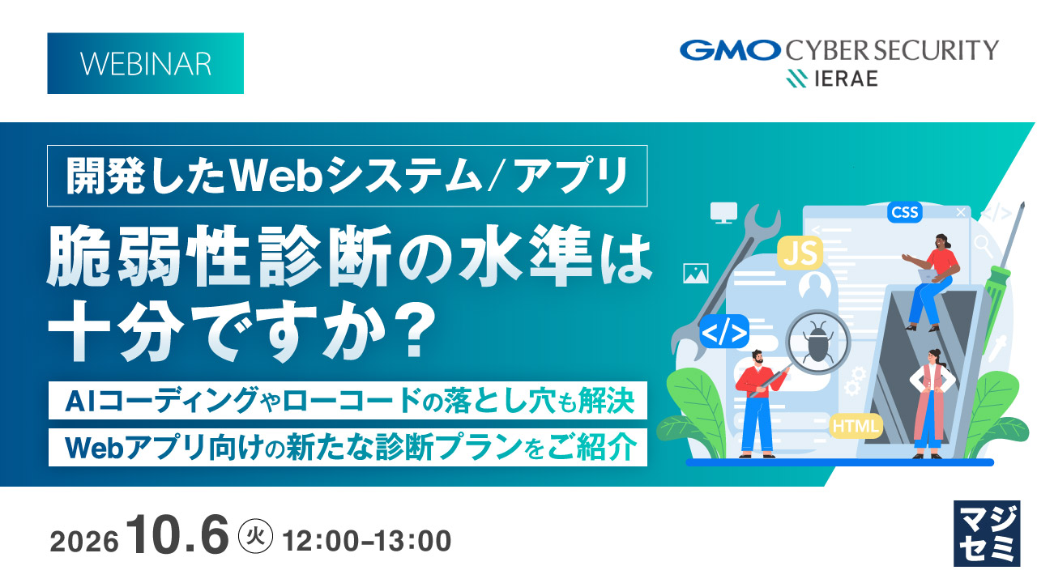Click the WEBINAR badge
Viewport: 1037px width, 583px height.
pos(145,63)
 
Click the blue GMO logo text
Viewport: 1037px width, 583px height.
pos(731,50)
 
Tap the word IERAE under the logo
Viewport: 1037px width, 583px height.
pos(846,79)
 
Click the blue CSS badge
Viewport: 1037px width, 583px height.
pos(905,212)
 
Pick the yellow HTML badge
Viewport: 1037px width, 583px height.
pos(856,426)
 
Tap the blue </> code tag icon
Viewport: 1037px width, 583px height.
pos(724,332)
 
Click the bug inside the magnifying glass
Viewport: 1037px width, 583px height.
pos(817,342)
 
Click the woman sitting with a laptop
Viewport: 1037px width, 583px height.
pos(931,283)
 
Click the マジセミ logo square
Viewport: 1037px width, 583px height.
pos(987,534)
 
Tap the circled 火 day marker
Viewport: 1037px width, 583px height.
pos(255,536)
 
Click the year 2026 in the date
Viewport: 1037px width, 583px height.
pos(84,542)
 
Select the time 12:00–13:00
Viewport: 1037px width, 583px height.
pos(367,541)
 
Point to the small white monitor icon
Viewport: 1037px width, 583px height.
pos(724,213)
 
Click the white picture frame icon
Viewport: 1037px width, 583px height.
pos(696,273)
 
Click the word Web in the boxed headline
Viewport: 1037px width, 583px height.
pos(276,177)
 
